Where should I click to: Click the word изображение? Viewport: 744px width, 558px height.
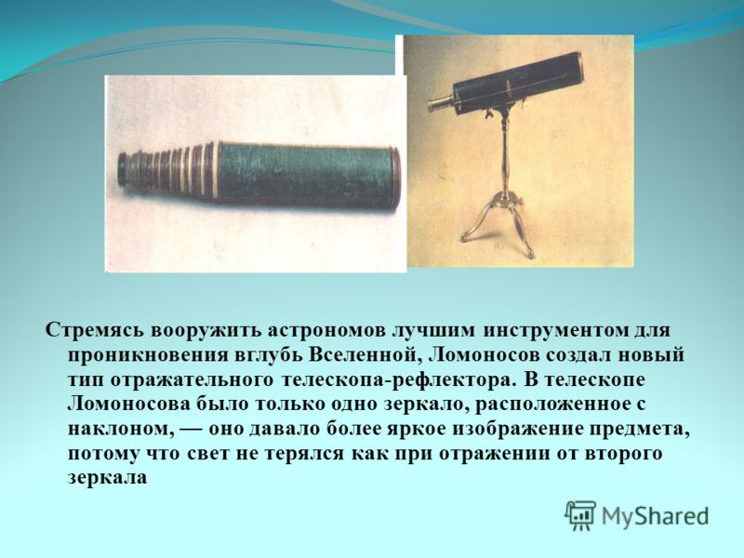click(515, 429)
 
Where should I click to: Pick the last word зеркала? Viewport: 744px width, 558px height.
click(108, 477)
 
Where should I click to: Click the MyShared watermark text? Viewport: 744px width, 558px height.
click(656, 516)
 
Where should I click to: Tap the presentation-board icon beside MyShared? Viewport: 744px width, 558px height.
click(580, 514)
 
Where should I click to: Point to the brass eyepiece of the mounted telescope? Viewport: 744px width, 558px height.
click(439, 101)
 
